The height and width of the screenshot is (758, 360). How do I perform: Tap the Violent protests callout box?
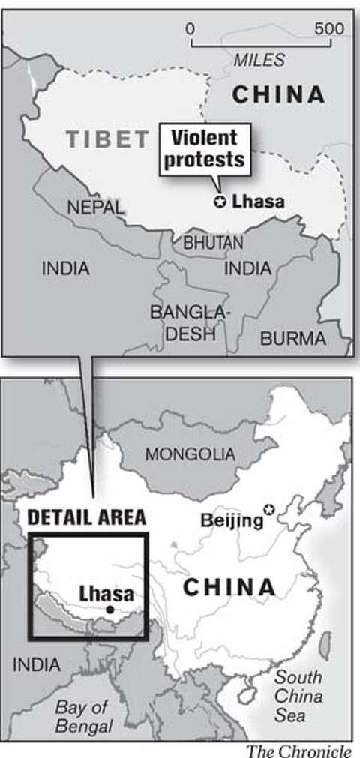tap(204, 149)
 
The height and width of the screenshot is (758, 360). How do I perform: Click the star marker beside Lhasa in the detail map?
tap(220, 201)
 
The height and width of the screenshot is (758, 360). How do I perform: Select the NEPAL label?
tap(95, 208)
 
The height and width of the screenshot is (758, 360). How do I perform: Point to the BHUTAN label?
tap(213, 243)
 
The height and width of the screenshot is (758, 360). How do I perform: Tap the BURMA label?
tap(292, 338)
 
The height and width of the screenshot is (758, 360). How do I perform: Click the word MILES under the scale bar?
tap(259, 59)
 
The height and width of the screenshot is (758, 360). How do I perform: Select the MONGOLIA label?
tap(190, 454)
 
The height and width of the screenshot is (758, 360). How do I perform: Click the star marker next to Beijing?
tap(269, 510)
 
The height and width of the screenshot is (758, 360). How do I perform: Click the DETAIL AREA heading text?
tap(86, 517)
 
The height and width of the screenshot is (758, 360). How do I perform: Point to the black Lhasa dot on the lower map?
tap(110, 610)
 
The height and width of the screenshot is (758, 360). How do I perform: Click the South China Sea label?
tap(300, 696)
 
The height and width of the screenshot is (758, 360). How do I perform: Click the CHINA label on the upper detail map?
tap(278, 94)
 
